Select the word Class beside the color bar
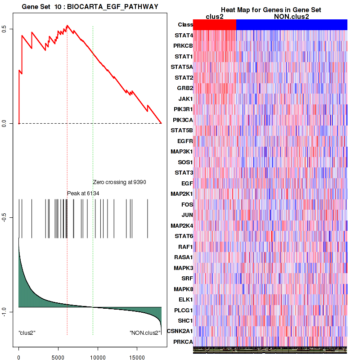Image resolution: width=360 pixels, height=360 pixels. click(x=183, y=25)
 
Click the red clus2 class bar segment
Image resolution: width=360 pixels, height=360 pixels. click(x=215, y=25)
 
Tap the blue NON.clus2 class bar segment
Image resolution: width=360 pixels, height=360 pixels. click(x=292, y=25)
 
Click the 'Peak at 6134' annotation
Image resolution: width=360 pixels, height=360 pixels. click(x=83, y=193)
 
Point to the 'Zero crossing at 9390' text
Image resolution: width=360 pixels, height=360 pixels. click(x=120, y=182)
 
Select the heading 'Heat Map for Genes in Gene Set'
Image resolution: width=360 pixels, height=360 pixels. click(x=270, y=10)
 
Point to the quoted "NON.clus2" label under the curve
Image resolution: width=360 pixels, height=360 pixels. click(x=145, y=333)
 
